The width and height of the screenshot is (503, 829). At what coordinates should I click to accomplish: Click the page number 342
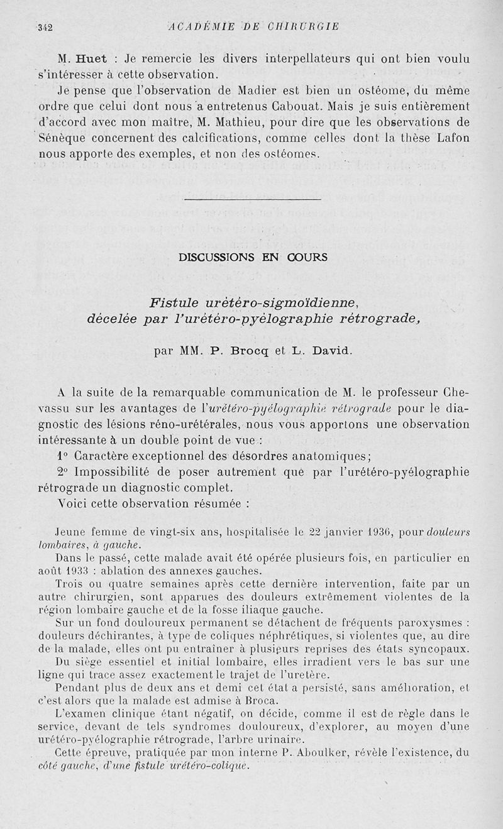pos(45,27)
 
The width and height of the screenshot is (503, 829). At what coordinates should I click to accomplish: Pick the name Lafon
pos(452,138)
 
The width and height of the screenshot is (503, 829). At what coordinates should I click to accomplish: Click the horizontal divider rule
pos(253,199)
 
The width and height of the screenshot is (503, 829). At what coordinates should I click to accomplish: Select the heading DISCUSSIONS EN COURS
pos(253,257)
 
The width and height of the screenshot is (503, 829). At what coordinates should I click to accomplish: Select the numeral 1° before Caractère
pos(62,456)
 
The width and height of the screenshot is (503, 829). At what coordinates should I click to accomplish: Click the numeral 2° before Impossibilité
pos(62,472)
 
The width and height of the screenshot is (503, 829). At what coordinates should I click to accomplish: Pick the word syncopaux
pos(441,649)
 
